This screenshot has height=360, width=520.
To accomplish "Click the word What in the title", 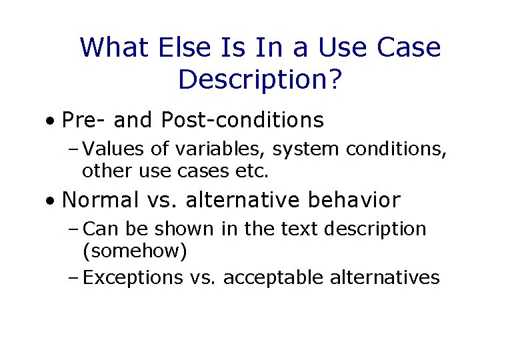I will (x=115, y=48).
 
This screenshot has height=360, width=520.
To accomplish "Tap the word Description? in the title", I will (x=260, y=80).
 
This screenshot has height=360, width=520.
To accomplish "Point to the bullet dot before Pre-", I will (x=50, y=122).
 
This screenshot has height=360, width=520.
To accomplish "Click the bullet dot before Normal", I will (x=50, y=201).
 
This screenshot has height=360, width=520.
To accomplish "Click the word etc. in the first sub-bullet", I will (x=252, y=171).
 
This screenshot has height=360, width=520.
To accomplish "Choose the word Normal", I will (x=101, y=200).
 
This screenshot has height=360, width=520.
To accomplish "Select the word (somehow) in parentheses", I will (x=134, y=251).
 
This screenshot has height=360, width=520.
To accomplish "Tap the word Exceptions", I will (x=133, y=277).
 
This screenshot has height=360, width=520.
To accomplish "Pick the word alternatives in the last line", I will (x=385, y=277).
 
